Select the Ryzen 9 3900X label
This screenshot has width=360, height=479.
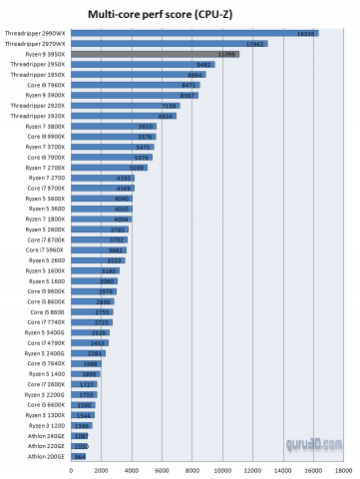44,96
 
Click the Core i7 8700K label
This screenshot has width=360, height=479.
47,239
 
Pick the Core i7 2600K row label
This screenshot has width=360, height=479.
47,384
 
